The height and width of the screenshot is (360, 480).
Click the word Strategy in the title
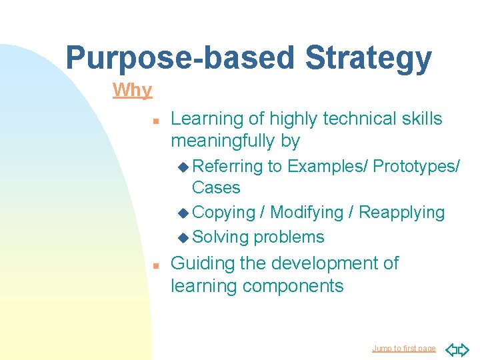(368, 58)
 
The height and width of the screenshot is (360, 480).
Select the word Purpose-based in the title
(180, 58)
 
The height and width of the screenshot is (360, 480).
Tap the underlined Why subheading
(132, 90)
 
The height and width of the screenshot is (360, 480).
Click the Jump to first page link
(403, 349)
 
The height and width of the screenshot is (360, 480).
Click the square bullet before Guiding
(154, 265)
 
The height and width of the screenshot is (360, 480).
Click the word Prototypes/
(416, 166)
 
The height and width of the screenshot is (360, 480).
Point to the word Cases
(216, 187)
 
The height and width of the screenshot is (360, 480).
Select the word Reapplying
(401, 213)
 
